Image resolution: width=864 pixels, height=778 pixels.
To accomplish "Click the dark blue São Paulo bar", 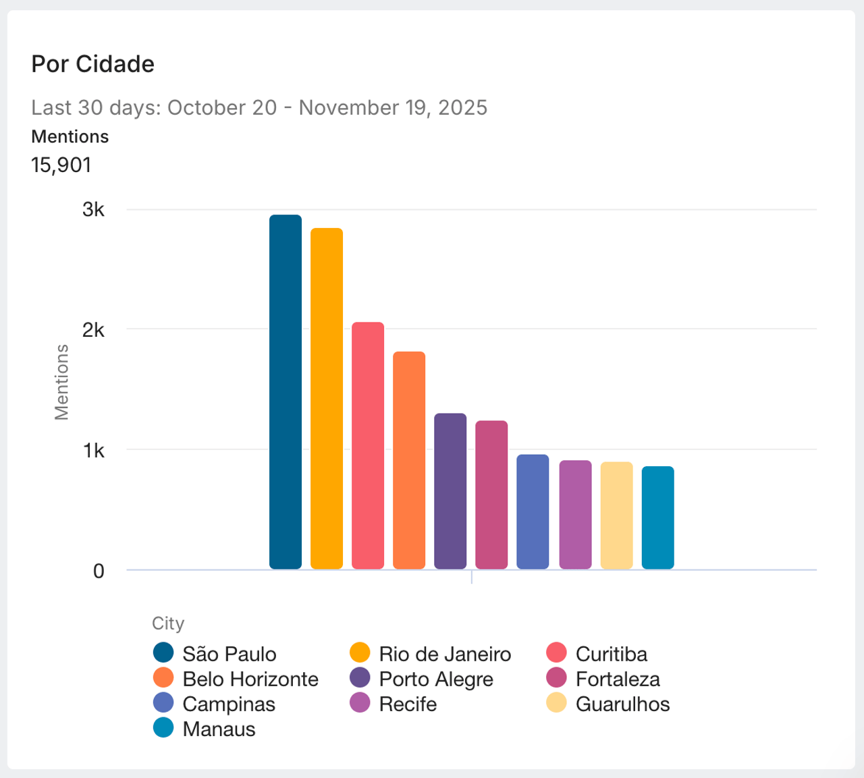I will [286, 392].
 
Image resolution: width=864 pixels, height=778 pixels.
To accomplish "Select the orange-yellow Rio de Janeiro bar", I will [327, 399].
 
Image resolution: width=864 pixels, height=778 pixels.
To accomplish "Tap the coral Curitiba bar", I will [368, 445].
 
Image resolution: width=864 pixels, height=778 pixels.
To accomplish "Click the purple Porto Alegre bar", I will [450, 491].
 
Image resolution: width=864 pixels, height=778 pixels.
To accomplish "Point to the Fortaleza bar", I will [491, 495].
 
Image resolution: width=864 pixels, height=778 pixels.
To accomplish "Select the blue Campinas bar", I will [533, 511].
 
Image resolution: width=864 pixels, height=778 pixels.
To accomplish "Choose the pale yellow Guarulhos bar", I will [616, 516].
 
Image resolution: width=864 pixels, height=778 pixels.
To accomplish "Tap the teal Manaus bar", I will [657, 518].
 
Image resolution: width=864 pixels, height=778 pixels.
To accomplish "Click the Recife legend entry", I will [408, 704].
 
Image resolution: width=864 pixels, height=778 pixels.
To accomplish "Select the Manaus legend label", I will [219, 729].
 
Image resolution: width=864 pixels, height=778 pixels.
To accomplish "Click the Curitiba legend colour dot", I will [556, 653].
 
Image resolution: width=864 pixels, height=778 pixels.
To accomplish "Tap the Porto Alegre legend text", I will [436, 679].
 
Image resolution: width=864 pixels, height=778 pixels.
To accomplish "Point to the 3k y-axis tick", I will [94, 209].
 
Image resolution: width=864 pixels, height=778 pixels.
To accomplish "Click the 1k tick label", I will [94, 450].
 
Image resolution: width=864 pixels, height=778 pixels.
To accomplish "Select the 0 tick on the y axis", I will [99, 571].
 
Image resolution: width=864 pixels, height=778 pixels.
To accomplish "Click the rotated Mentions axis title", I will [61, 382].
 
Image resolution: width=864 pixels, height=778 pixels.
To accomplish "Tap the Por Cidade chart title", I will [93, 64].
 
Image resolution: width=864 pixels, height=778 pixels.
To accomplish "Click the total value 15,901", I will [61, 165].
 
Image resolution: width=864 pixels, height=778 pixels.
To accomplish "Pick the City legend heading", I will [168, 623].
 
